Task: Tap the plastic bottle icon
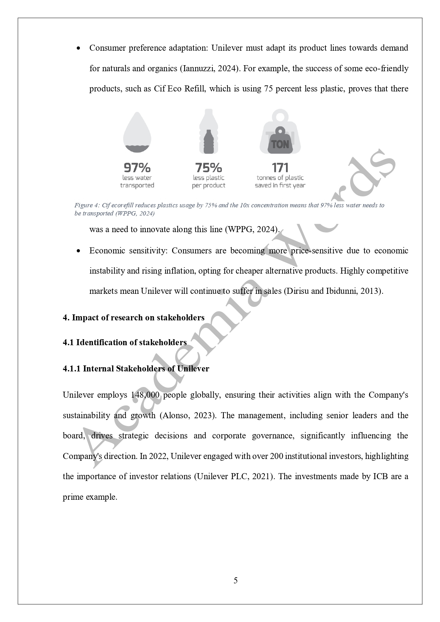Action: (209, 132)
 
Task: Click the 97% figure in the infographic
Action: (137, 167)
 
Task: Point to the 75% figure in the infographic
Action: (209, 167)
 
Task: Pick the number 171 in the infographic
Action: (280, 167)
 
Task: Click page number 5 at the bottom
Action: (236, 580)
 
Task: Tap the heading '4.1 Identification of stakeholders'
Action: (125, 342)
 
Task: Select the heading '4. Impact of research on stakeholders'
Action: (133, 318)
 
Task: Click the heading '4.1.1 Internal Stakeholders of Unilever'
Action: (136, 369)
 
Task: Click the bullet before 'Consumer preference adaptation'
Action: (78, 48)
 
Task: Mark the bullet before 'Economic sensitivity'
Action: (78, 251)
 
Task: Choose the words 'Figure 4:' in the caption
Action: (87, 205)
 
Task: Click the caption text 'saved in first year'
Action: (280, 185)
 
